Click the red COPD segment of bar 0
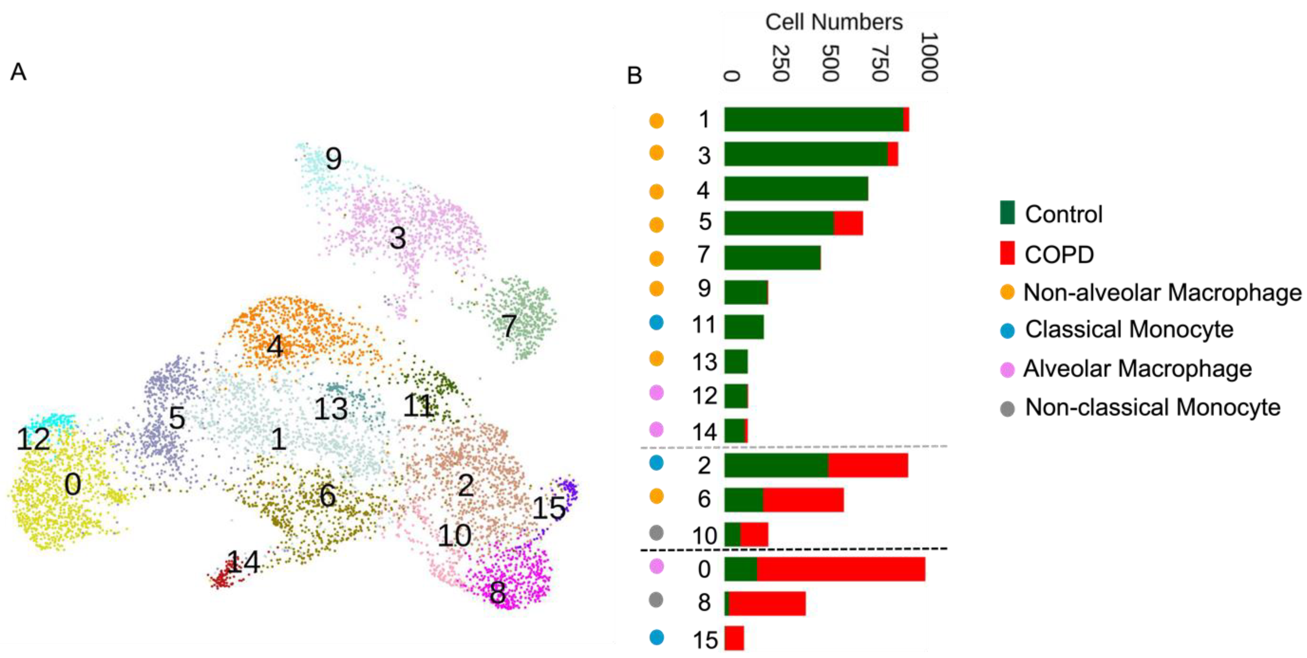pyautogui.click(x=840, y=569)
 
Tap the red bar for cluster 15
pyautogui.click(x=734, y=638)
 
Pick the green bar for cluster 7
pyautogui.click(x=772, y=257)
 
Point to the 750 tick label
pyautogui.click(x=880, y=63)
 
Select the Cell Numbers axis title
pyautogui.click(x=833, y=22)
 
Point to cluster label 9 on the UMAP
pyautogui.click(x=333, y=159)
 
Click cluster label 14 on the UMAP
pyautogui.click(x=243, y=562)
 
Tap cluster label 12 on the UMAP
pyautogui.click(x=33, y=439)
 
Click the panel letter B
pyautogui.click(x=634, y=75)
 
